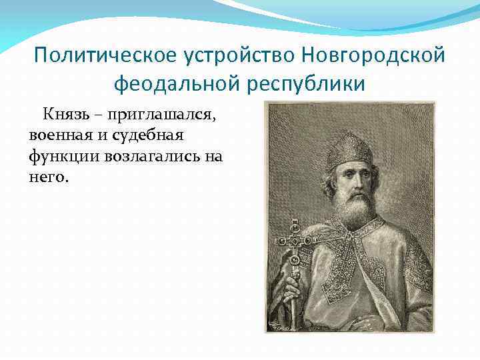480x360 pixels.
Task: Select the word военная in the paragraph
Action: pyautogui.click(x=58, y=137)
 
